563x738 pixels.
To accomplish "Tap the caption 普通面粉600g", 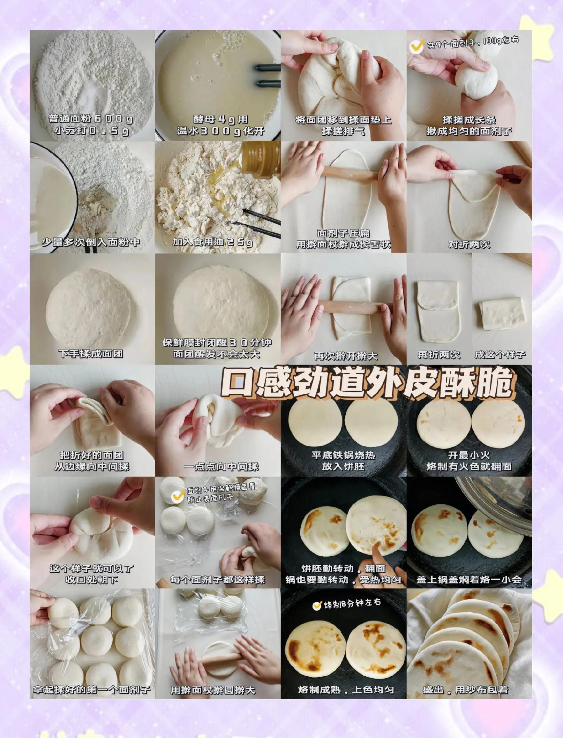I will tap(91, 119).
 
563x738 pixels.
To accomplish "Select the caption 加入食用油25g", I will tap(212, 242).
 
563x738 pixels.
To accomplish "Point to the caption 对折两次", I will tap(469, 244).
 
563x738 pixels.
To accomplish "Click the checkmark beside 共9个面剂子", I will tap(416, 46).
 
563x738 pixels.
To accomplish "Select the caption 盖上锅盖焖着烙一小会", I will tap(469, 580).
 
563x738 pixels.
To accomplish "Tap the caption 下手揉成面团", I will tap(91, 354).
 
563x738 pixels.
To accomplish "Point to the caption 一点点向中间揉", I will tap(221, 466).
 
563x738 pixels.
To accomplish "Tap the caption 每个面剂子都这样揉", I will tap(217, 580).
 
